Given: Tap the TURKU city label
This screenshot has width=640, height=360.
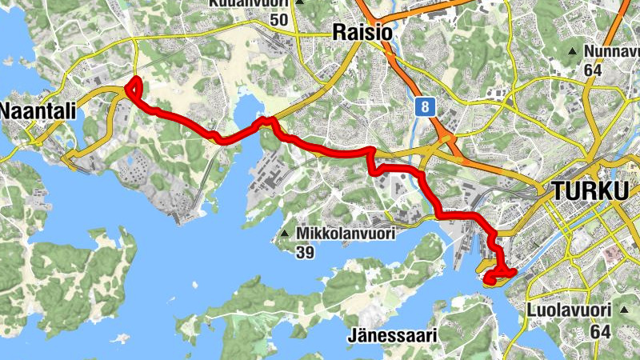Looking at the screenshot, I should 589,192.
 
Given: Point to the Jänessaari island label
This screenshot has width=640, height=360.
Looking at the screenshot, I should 392,335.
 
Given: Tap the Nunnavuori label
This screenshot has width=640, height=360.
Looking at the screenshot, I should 612,53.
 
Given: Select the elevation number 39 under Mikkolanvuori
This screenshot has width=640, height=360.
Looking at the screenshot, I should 305,253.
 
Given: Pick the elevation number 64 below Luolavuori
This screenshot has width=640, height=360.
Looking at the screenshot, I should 600,330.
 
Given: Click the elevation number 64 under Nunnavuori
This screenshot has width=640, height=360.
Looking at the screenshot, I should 593,70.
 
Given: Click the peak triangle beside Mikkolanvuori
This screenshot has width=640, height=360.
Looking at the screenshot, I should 285,234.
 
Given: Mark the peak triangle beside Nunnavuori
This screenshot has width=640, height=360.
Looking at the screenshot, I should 573,53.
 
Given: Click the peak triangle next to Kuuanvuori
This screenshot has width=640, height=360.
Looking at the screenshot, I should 300,2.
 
